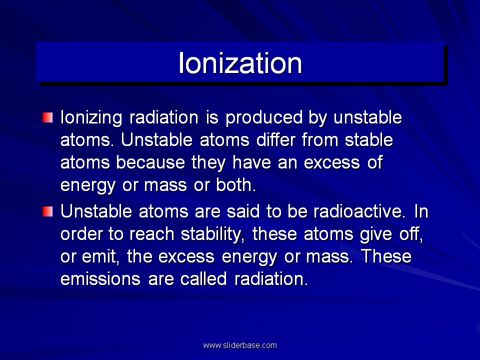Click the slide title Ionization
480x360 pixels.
(x=240, y=63)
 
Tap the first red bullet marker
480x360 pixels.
(x=48, y=117)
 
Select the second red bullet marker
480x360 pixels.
(x=48, y=211)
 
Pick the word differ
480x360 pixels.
(x=275, y=140)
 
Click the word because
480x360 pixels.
(x=150, y=162)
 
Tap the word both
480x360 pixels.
(x=235, y=185)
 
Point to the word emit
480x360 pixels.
(x=100, y=256)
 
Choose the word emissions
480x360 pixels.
(x=100, y=279)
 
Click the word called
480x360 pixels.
(x=203, y=279)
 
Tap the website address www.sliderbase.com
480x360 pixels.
(x=240, y=345)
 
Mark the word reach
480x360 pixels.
(x=151, y=234)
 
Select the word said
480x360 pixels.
(x=243, y=211)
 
